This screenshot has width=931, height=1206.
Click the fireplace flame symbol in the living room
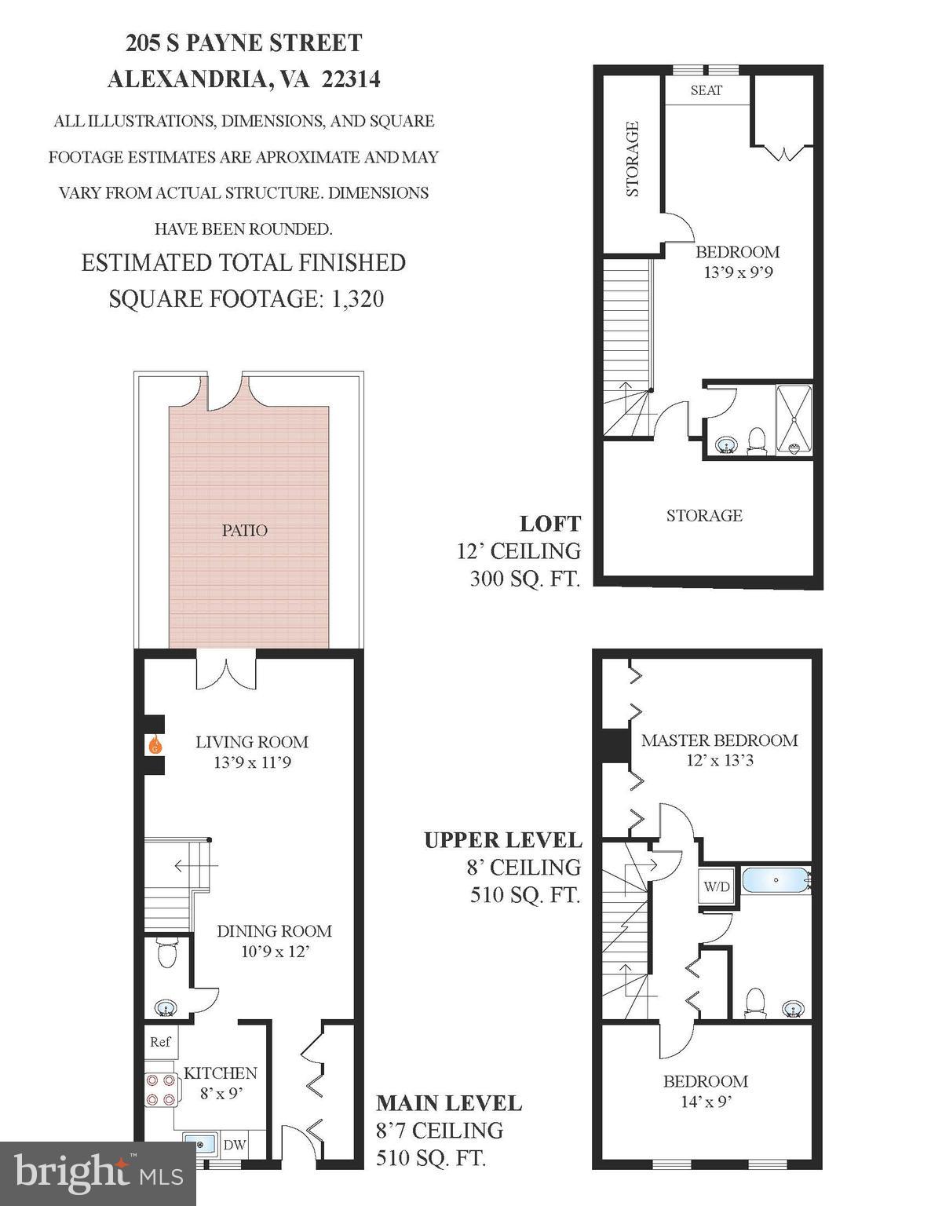pyautogui.click(x=156, y=744)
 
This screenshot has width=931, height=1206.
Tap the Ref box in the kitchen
pyautogui.click(x=160, y=1042)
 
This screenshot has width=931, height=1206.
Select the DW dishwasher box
pyautogui.click(x=234, y=1146)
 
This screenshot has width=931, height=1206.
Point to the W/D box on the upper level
pyautogui.click(x=716, y=887)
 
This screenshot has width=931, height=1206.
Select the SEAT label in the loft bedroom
pyautogui.click(x=706, y=90)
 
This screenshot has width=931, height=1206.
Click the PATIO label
pyautogui.click(x=244, y=531)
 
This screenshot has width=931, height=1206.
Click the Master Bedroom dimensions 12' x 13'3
pyautogui.click(x=719, y=760)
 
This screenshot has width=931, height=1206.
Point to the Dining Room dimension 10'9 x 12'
pyautogui.click(x=274, y=952)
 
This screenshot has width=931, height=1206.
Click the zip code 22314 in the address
pyautogui.click(x=351, y=79)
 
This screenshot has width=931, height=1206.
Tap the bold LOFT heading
pyautogui.click(x=549, y=524)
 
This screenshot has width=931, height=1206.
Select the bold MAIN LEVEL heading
pyautogui.click(x=448, y=1103)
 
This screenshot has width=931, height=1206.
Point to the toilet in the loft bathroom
pyautogui.click(x=757, y=440)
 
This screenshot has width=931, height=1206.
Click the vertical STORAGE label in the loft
pyautogui.click(x=633, y=159)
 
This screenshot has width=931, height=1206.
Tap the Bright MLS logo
pyautogui.click(x=97, y=1173)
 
